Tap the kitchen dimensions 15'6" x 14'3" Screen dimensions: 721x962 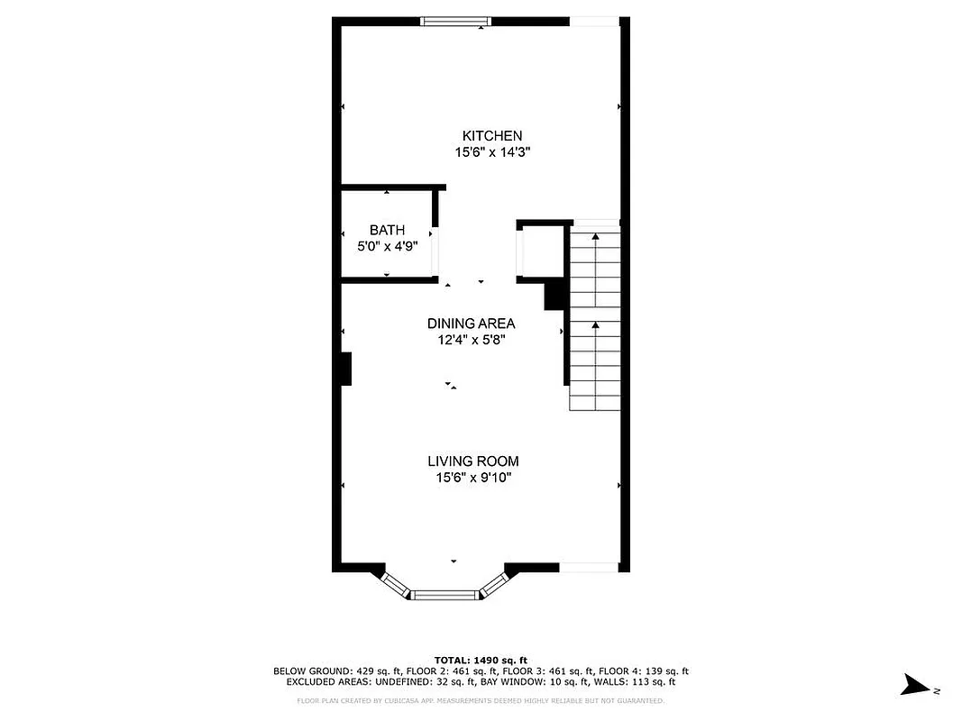(x=492, y=153)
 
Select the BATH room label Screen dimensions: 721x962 (x=387, y=230)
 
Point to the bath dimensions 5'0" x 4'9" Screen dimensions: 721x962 (x=387, y=246)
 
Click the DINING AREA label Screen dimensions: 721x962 (x=471, y=324)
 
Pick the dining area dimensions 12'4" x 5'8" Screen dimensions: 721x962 (x=471, y=341)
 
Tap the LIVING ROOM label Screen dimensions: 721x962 (x=473, y=461)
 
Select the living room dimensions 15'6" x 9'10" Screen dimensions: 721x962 (x=473, y=479)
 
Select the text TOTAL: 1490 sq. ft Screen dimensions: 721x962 (x=481, y=660)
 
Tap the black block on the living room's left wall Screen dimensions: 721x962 (x=344, y=369)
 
